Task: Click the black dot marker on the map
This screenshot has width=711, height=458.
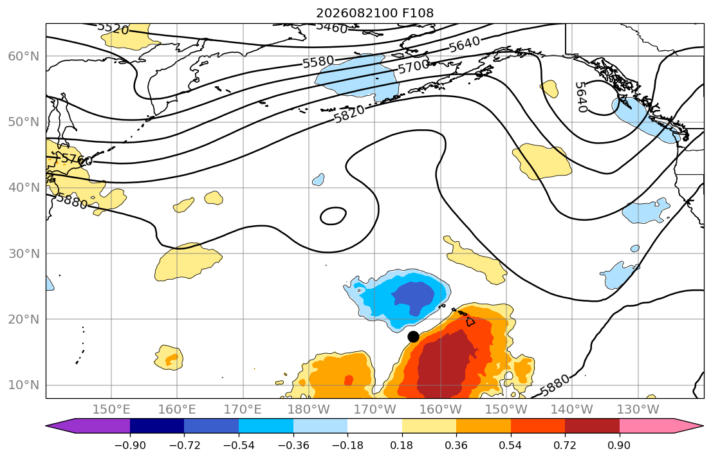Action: pos(413,336)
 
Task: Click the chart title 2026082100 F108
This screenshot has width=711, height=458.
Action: pos(374,13)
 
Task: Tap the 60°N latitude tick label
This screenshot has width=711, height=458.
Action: pos(24,56)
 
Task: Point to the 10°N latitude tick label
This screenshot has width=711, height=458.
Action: pos(24,385)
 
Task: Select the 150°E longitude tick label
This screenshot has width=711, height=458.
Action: pos(111,410)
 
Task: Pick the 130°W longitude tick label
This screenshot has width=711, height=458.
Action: pos(638,410)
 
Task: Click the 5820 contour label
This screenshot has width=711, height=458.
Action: pos(349,114)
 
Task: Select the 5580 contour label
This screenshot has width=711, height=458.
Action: pos(319,62)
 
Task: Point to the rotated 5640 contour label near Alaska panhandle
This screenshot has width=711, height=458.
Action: pos(580,97)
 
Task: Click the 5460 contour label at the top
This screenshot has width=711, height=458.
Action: pos(331,28)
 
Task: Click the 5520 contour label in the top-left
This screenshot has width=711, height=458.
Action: pos(113,28)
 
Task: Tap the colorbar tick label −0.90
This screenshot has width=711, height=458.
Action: pos(130,445)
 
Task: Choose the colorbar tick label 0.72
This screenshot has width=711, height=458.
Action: pos(565,445)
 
